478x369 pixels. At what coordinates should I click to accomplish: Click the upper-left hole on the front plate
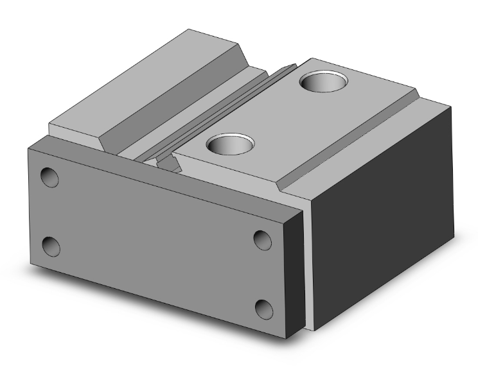[x=49, y=177]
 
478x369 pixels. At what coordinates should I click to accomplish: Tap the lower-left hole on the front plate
[x=51, y=246]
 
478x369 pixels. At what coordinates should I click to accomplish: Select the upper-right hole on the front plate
[x=262, y=239]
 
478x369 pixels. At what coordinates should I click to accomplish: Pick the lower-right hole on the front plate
[x=264, y=309]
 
